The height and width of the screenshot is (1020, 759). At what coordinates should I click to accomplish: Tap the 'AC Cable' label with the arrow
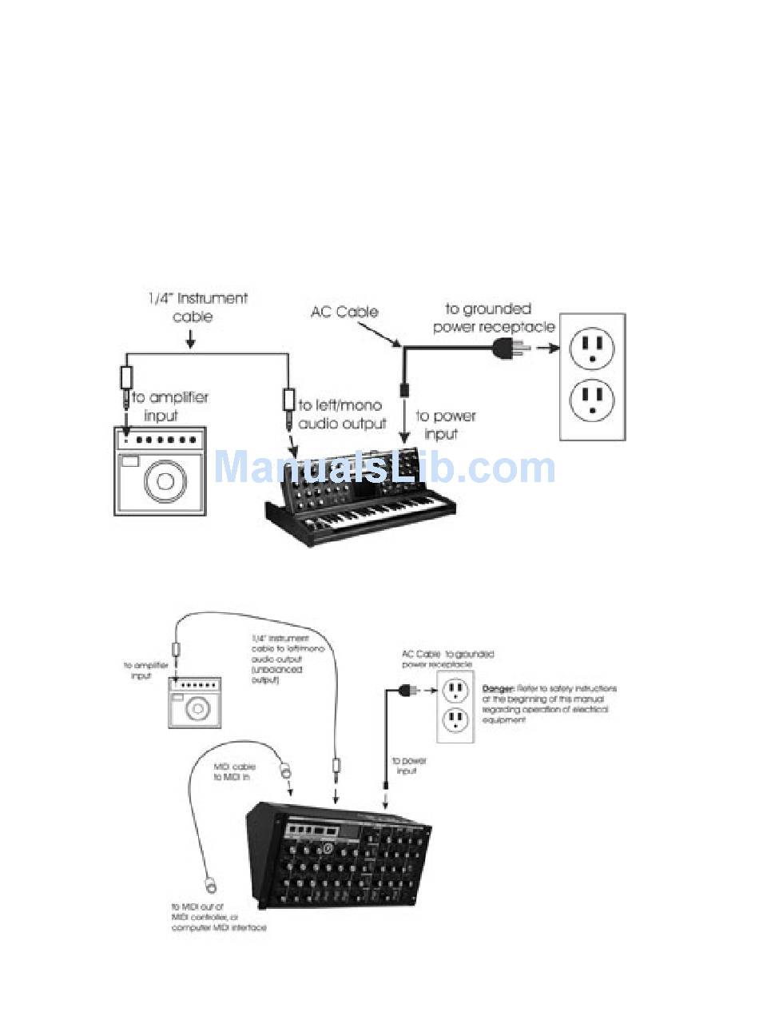(344, 312)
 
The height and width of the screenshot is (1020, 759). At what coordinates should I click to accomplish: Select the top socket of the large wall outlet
(591, 349)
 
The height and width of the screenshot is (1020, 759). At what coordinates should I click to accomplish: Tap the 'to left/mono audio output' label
(342, 415)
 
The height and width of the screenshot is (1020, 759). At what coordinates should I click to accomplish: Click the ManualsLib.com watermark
(383, 468)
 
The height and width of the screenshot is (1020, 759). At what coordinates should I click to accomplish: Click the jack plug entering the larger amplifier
(126, 392)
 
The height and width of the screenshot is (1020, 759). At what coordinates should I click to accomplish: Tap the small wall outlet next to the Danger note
(455, 705)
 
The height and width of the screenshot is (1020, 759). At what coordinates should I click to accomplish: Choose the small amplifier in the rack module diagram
(194, 703)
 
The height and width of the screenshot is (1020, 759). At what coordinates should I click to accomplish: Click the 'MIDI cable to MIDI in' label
(234, 771)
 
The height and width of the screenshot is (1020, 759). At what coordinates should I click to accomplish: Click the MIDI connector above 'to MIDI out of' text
(212, 885)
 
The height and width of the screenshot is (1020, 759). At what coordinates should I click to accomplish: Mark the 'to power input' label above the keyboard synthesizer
(445, 424)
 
